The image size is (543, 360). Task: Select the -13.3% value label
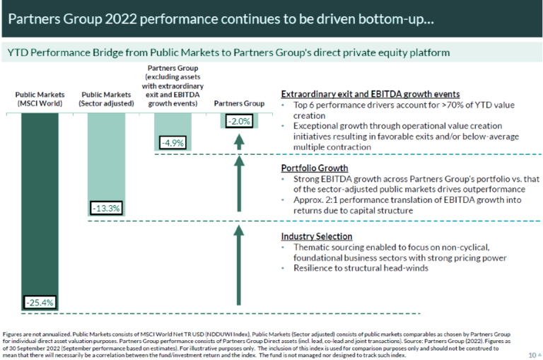click(106, 208)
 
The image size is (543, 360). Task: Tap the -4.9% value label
click(172, 143)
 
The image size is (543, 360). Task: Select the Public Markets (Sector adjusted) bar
click(106, 156)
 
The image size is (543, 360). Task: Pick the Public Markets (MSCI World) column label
click(40, 98)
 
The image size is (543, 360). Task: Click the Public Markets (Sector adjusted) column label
click(106, 98)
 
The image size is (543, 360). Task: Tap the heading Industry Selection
click(316, 236)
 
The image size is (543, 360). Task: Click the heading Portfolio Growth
click(314, 168)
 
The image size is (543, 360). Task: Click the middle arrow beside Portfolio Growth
click(239, 187)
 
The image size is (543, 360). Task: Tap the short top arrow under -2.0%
click(239, 141)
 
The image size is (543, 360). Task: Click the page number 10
click(531, 354)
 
